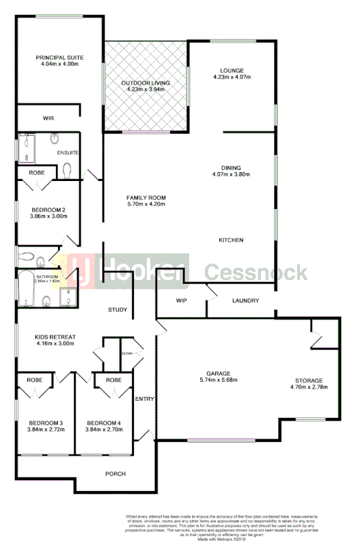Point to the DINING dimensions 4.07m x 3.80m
231,174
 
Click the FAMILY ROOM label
146,197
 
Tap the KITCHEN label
231,240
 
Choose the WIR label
49,118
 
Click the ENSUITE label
67,152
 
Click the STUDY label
117,310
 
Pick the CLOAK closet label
128,353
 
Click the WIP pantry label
182,301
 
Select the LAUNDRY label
245,301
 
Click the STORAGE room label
309,380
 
